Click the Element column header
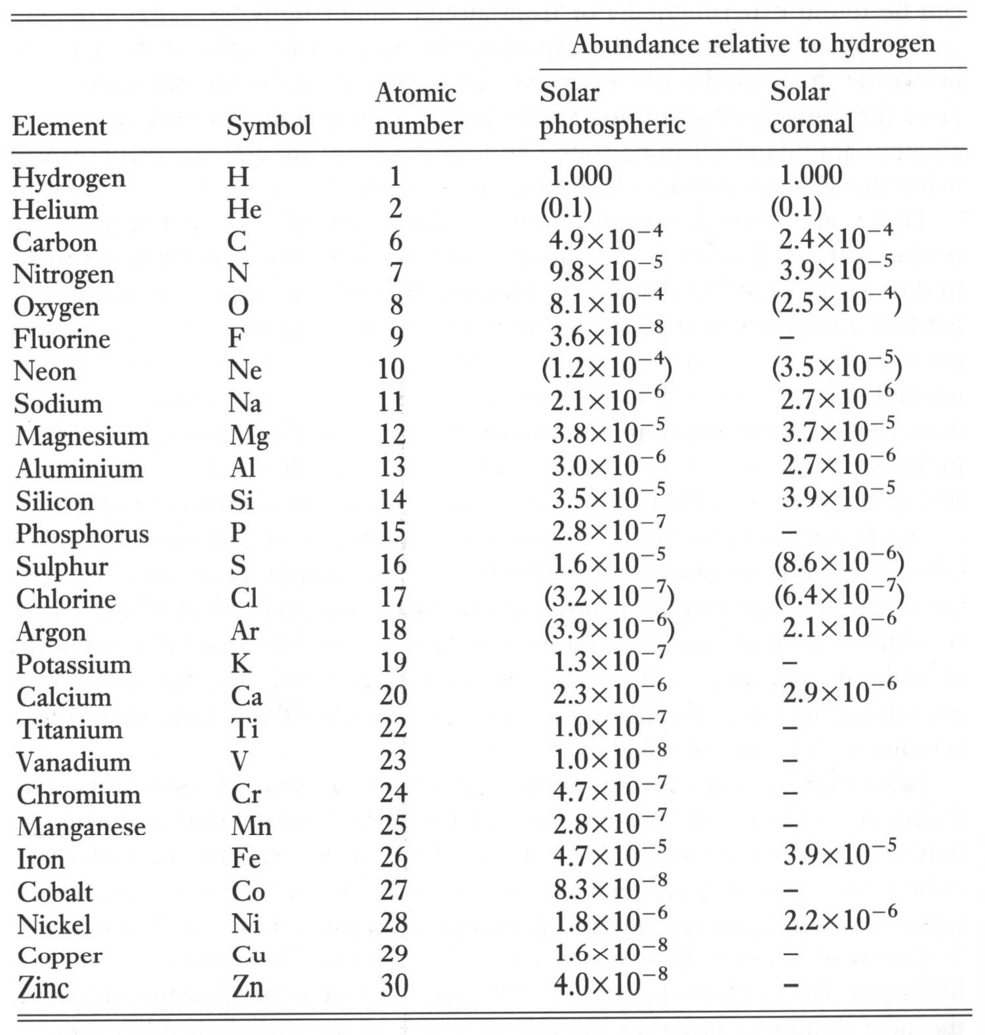click(x=59, y=126)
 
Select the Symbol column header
click(x=269, y=126)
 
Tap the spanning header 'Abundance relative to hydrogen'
click(x=753, y=44)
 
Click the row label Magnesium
click(x=82, y=436)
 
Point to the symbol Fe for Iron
click(x=246, y=859)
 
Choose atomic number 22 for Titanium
click(x=393, y=728)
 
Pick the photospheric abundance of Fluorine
click(x=607, y=336)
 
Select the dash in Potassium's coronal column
click(x=791, y=663)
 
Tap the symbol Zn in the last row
click(x=247, y=987)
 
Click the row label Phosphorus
click(x=83, y=534)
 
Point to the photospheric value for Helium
click(x=566, y=208)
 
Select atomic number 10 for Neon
click(x=391, y=369)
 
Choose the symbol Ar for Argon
click(x=245, y=631)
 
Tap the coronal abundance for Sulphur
click(x=839, y=562)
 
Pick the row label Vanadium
click(x=73, y=762)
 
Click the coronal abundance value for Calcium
click(x=839, y=692)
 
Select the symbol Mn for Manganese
click(x=251, y=826)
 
